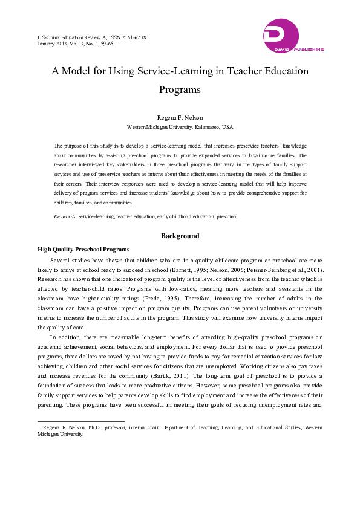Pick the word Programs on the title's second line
[180, 89]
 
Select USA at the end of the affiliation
[227, 128]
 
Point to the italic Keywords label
[65, 216]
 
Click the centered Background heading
[180, 236]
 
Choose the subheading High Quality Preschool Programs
[83, 249]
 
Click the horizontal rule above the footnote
[81, 421]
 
